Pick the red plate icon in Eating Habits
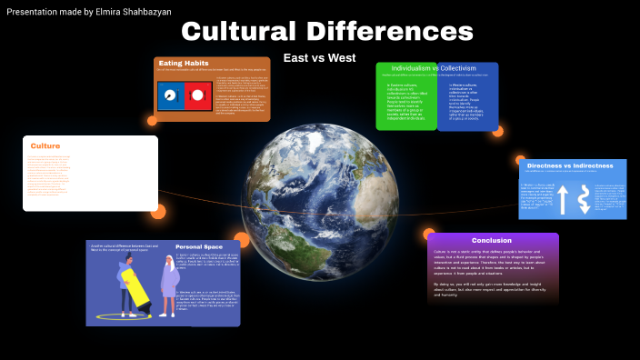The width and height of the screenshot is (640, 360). [x=195, y=95]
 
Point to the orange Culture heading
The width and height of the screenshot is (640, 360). [x=45, y=145]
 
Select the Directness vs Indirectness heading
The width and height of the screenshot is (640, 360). [x=573, y=166]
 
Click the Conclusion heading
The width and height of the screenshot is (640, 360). [x=491, y=240]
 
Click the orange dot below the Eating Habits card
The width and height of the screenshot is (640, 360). [x=152, y=120]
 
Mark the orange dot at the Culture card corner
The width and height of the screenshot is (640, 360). [x=158, y=212]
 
